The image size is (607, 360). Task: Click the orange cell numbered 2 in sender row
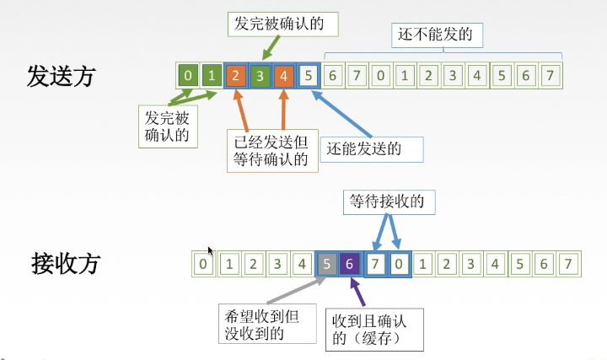tap(237, 76)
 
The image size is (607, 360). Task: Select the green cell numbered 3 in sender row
tap(261, 76)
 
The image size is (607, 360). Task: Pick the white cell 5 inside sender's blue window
tap(310, 76)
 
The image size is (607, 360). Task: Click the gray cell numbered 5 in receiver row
tap(326, 264)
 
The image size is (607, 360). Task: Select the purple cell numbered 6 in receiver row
tap(350, 264)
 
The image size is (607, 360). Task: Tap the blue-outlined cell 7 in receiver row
tap(376, 264)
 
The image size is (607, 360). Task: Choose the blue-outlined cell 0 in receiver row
tap(400, 264)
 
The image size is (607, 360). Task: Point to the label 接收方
tap(65, 263)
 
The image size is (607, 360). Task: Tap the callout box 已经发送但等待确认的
tap(271, 149)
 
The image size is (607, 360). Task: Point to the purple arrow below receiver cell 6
tap(359, 291)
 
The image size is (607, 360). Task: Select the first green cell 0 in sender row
tap(189, 76)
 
